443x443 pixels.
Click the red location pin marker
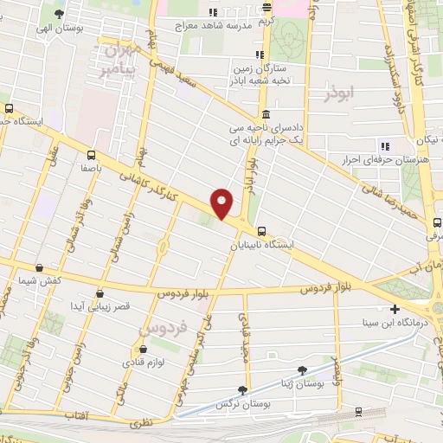222,203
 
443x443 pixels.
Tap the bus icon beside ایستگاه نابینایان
260,230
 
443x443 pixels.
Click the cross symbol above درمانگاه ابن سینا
395,309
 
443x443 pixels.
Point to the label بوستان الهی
58,28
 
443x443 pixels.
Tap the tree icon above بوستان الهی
58,14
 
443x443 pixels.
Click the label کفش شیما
39,281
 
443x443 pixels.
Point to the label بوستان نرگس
245,404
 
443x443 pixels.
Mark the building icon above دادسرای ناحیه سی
264,115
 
